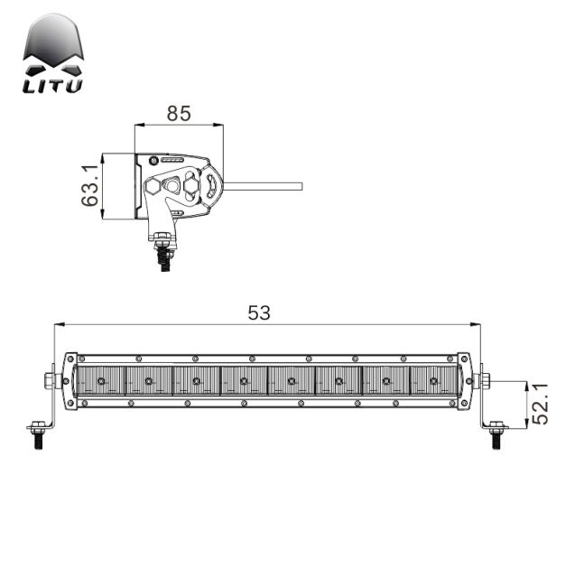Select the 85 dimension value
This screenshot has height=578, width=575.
coord(179,114)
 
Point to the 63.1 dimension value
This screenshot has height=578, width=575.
coord(89,186)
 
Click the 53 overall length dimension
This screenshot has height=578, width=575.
coord(259,312)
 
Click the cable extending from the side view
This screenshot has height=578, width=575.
coord(262,187)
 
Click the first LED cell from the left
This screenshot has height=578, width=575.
coord(100,381)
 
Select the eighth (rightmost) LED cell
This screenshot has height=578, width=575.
coord(434,381)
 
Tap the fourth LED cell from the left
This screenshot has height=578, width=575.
coord(244,381)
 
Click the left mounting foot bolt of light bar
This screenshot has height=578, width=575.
coord(38,433)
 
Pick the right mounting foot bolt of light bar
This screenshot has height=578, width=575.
coord(496,433)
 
